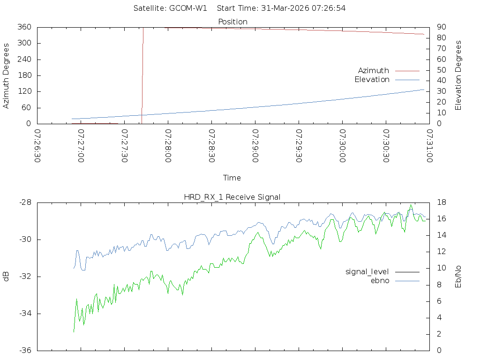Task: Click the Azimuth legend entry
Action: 374,71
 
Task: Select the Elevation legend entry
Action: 372,80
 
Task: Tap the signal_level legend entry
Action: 367,272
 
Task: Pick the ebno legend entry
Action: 380,281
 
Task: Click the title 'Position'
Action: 232,22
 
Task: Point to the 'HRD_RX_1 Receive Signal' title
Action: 232,197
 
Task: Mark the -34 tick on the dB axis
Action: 24,314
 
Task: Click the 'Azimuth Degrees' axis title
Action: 7,75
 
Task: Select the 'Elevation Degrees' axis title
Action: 458,75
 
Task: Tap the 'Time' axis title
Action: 232,178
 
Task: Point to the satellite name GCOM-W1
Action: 187,8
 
